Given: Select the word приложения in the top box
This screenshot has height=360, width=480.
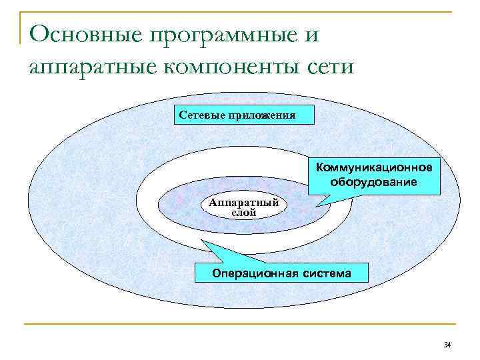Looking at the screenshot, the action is pyautogui.click(x=261, y=115).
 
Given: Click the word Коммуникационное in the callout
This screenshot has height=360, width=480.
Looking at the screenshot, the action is pyautogui.click(x=374, y=167).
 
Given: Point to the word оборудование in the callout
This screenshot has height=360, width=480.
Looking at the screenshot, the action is pyautogui.click(x=374, y=182).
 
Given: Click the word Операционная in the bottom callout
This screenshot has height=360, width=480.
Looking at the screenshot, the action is pyautogui.click(x=252, y=273).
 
